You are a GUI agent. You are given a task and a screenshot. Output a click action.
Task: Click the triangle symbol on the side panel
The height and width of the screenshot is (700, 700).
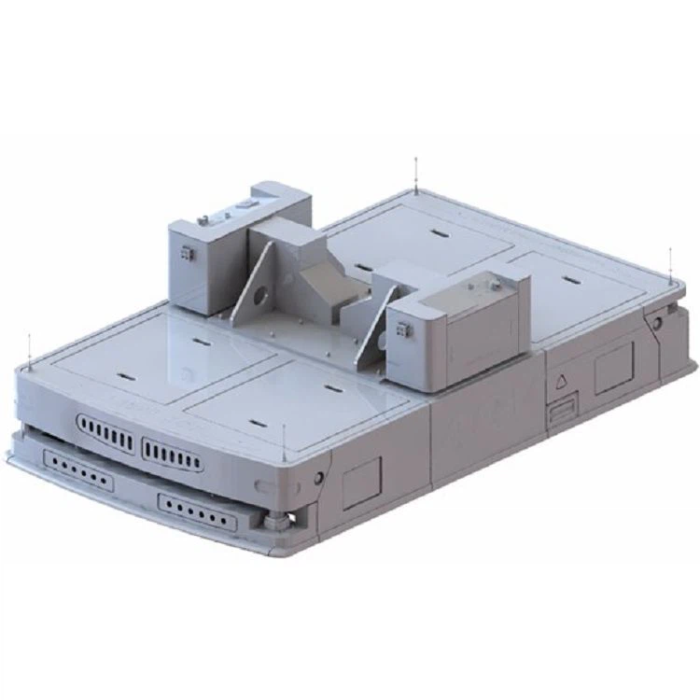tap(562, 381)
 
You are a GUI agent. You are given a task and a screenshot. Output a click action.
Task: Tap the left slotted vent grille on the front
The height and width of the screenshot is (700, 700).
tap(109, 434)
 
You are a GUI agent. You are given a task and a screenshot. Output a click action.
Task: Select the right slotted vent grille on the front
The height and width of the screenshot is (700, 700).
tap(172, 455)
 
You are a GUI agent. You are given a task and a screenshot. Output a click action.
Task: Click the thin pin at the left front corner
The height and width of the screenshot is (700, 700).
tap(30, 348)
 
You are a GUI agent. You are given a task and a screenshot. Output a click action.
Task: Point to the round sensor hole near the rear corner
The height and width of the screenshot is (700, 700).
tap(658, 322)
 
